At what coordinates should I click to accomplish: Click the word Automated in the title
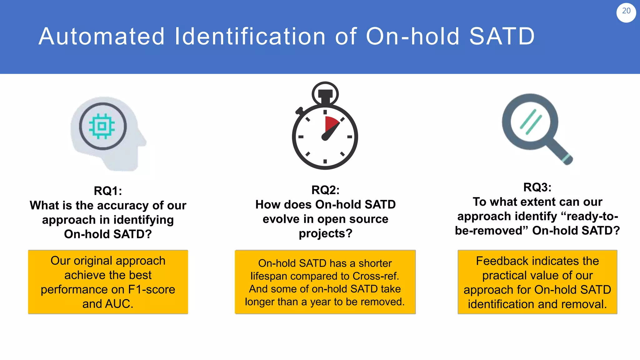coord(102,37)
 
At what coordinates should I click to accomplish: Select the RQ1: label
coord(108,191)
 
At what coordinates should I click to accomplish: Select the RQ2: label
coord(325,190)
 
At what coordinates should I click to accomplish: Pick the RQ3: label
coord(537,187)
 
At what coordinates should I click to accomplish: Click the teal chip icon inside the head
coord(102,126)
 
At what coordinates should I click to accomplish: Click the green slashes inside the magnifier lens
coord(531,122)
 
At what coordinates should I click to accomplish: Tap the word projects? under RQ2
coord(325,233)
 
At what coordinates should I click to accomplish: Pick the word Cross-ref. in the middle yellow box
coord(376,276)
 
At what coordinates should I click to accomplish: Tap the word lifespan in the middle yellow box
coord(268,276)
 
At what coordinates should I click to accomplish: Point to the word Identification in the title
coord(250,37)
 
